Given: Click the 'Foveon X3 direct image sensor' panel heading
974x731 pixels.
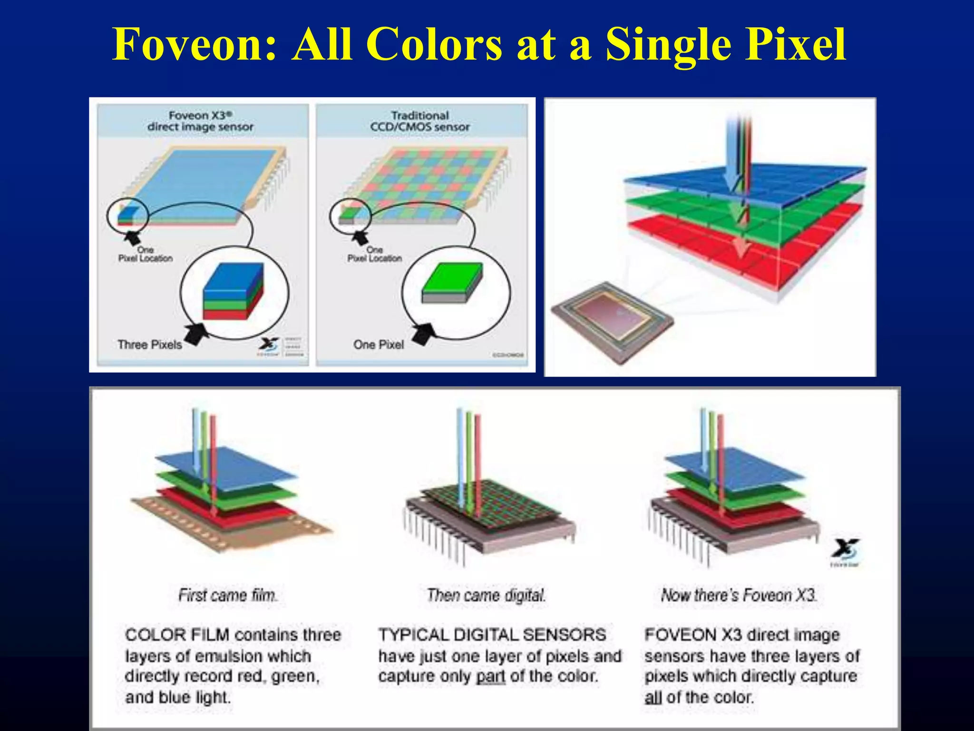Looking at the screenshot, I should coord(200,121).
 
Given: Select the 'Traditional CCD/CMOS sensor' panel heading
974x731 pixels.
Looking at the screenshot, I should coord(420,121).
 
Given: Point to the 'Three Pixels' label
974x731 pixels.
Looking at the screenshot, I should coord(150,345).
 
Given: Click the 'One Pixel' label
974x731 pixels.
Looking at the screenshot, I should coord(379,345).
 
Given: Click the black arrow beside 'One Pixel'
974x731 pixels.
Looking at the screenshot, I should coord(424,334).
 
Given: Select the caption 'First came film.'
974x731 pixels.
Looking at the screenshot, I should coord(228,595).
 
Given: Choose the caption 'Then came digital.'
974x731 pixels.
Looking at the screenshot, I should coord(486,595).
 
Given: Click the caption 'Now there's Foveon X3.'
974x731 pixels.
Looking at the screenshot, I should coord(739,595).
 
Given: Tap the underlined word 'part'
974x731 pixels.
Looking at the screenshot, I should coord(491,677).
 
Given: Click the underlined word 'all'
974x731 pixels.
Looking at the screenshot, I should coord(653,698).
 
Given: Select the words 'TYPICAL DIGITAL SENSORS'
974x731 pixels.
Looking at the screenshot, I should coord(492,635).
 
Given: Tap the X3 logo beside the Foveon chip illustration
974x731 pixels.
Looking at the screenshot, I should coord(845,552).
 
